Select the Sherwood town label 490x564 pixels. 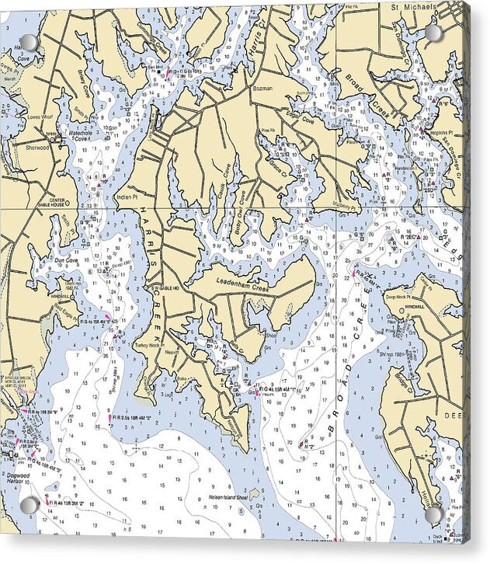point(36,146)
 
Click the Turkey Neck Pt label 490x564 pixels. point(150,344)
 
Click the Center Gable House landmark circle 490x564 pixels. point(67,204)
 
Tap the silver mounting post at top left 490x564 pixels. point(29,41)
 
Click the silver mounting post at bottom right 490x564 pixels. point(432,514)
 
